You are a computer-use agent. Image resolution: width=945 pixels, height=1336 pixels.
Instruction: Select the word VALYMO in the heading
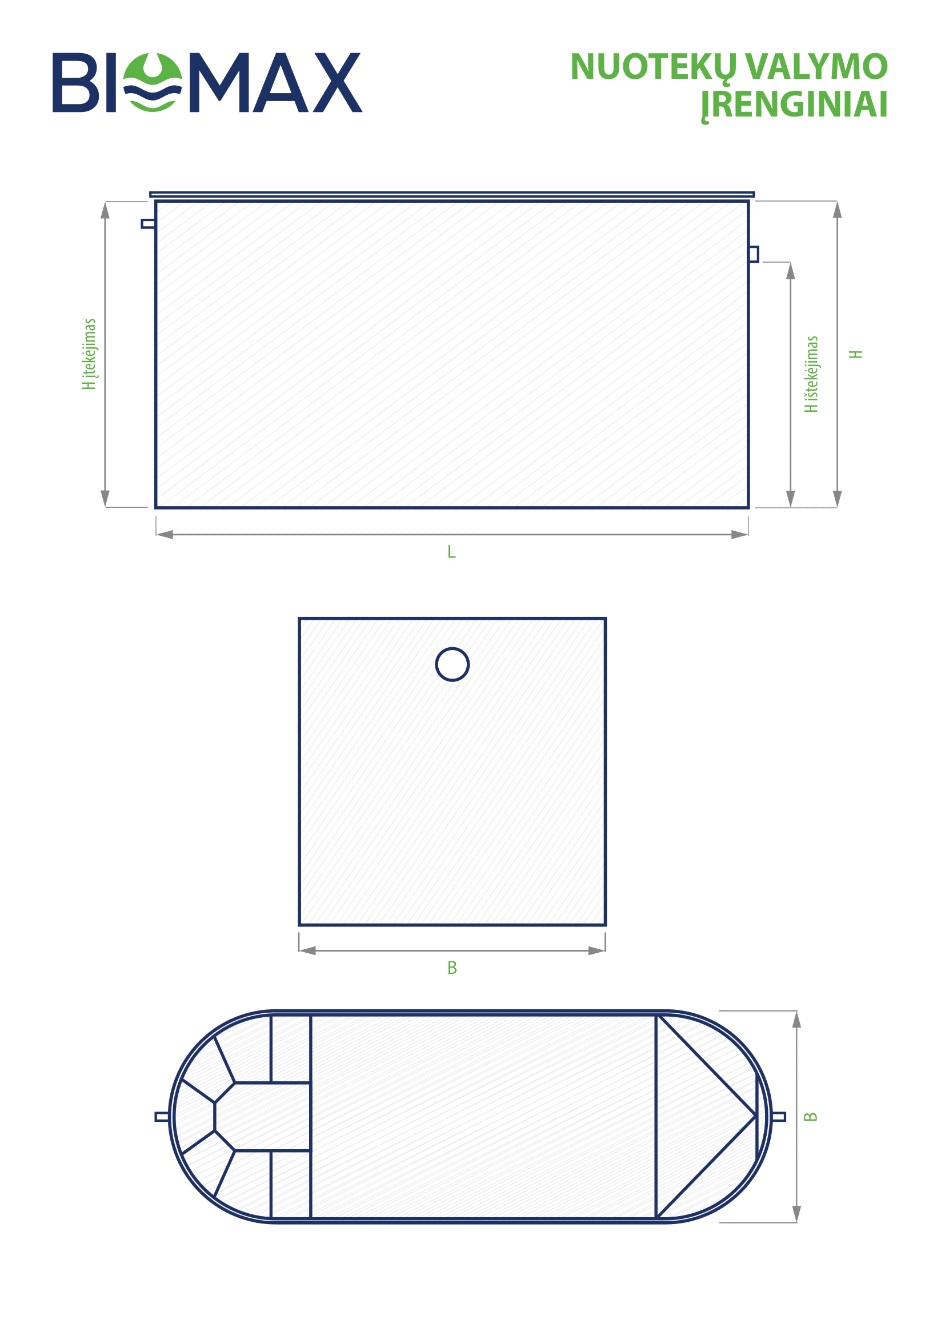(x=816, y=66)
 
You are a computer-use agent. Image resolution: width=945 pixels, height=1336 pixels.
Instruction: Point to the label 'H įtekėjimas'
(x=89, y=354)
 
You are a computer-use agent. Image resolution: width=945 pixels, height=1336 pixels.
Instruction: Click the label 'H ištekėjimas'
(x=811, y=374)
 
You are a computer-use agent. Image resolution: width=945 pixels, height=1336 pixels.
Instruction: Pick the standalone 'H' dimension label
(x=855, y=354)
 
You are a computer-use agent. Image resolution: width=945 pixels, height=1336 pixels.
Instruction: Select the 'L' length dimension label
(x=451, y=552)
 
